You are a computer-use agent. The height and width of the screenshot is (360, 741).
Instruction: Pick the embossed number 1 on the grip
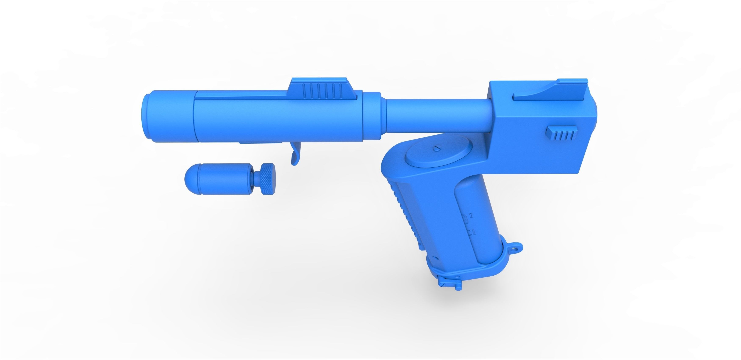[473, 232]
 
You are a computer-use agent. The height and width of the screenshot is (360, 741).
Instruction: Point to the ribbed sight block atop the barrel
[323, 90]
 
